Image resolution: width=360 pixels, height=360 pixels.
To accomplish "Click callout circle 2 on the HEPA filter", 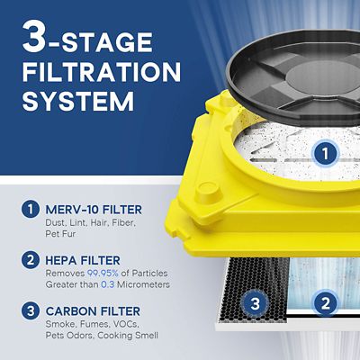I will click(325, 305).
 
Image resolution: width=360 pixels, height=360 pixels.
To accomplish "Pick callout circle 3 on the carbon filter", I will click(256, 305).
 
